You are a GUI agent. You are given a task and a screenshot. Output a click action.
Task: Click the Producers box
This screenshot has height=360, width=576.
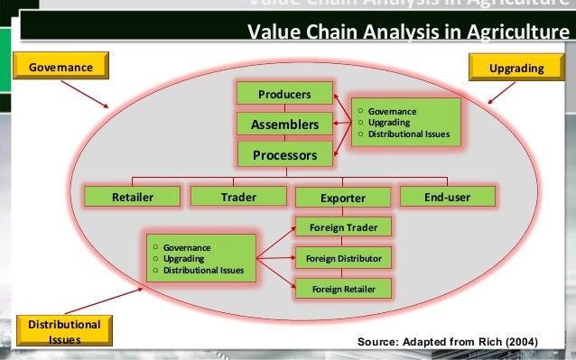[x=284, y=94]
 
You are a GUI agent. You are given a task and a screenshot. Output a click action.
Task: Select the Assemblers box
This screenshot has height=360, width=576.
[x=284, y=124]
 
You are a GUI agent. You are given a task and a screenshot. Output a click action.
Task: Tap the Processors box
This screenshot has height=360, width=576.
[x=284, y=154]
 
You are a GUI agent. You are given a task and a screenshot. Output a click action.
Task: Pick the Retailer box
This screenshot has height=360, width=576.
[x=132, y=197]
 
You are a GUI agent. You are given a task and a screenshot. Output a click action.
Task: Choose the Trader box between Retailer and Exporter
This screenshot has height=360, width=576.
[x=238, y=197]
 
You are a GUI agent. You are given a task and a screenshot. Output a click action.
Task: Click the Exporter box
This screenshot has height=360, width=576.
[x=343, y=197]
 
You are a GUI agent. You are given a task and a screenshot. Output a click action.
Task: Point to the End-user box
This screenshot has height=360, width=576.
[x=447, y=197]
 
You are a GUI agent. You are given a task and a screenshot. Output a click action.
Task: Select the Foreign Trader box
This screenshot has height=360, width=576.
[x=343, y=227]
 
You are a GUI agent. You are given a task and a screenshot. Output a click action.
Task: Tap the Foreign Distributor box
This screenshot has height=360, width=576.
[x=343, y=258]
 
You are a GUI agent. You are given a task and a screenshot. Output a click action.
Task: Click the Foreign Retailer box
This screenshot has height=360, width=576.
[x=343, y=289]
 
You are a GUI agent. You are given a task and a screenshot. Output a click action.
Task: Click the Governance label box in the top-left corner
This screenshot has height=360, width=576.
[x=62, y=68]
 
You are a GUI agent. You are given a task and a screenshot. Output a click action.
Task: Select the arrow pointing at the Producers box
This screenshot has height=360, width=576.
[x=341, y=101]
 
